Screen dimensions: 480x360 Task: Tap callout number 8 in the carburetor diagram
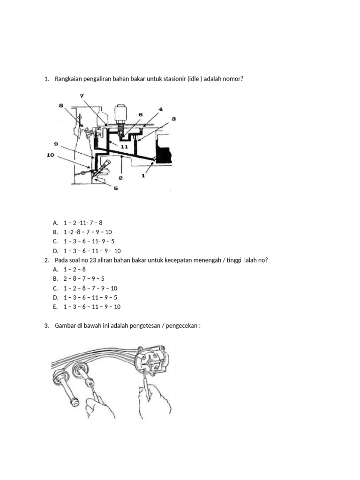(60, 106)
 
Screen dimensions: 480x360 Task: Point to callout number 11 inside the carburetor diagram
(124, 146)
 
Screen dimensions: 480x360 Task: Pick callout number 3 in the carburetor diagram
(173, 119)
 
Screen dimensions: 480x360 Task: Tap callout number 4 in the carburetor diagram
(160, 109)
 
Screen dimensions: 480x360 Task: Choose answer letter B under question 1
(55, 232)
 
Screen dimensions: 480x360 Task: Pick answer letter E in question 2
(55, 307)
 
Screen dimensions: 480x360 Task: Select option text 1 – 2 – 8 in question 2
(75, 269)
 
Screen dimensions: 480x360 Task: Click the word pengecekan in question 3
(182, 325)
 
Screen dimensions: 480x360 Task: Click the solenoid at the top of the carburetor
(120, 112)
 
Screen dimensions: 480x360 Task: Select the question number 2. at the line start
(47, 260)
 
